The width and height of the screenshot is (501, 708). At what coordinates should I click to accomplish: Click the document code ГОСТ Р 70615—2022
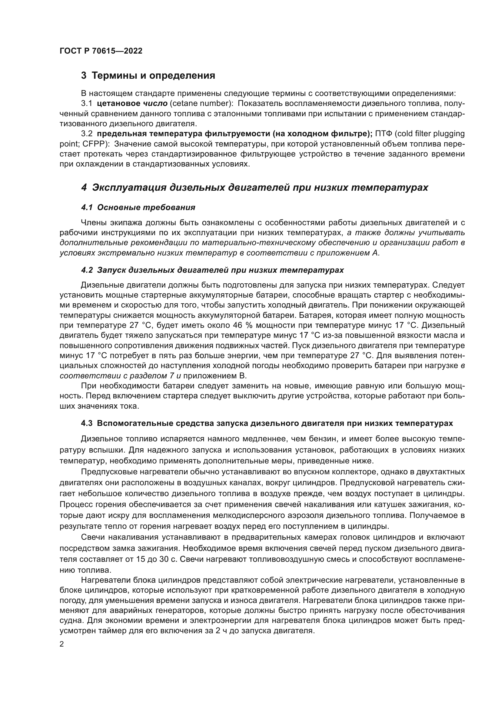(x=101, y=51)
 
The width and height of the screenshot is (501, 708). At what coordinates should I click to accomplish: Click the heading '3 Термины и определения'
(x=148, y=76)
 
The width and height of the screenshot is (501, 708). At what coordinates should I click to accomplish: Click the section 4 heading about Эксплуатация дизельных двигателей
(x=254, y=187)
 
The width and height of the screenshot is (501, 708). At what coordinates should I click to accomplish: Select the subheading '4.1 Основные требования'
(x=138, y=208)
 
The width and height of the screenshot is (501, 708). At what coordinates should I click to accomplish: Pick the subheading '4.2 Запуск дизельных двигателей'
(x=212, y=270)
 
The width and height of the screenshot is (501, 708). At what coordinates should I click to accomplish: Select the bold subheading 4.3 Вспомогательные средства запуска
(x=267, y=423)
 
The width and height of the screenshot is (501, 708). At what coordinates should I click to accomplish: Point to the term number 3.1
(x=87, y=104)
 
